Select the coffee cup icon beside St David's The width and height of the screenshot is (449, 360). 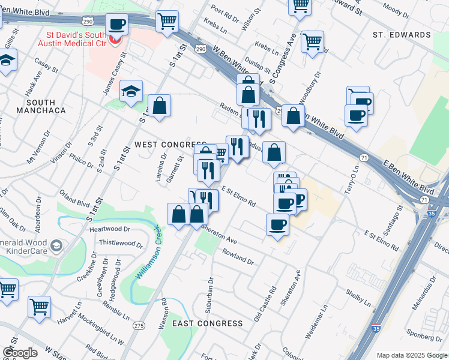(x=116, y=25)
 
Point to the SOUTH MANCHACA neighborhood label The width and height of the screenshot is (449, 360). (x=41, y=107)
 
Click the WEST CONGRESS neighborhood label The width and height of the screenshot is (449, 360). (x=170, y=145)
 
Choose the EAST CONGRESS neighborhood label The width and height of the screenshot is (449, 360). (x=207, y=323)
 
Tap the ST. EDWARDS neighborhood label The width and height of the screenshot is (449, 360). (x=402, y=35)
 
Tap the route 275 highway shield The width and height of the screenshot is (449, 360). (x=139, y=326)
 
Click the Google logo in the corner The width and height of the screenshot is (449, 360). (x=20, y=353)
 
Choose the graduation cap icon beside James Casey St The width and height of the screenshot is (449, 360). (x=131, y=91)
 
